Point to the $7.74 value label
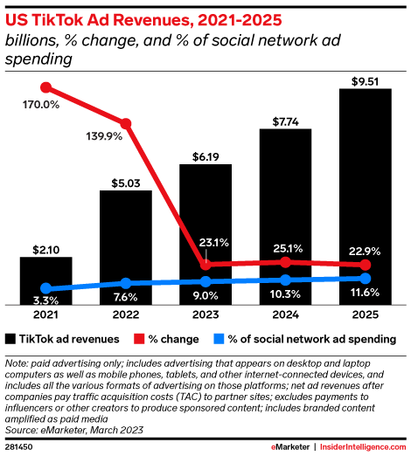tap(285, 121)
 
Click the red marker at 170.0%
tap(46, 87)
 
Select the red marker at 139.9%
tap(126, 123)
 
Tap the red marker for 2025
tap(365, 265)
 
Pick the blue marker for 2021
tap(46, 288)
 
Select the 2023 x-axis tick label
tap(205, 314)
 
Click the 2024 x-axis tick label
tap(285, 314)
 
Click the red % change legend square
tap(139, 338)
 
